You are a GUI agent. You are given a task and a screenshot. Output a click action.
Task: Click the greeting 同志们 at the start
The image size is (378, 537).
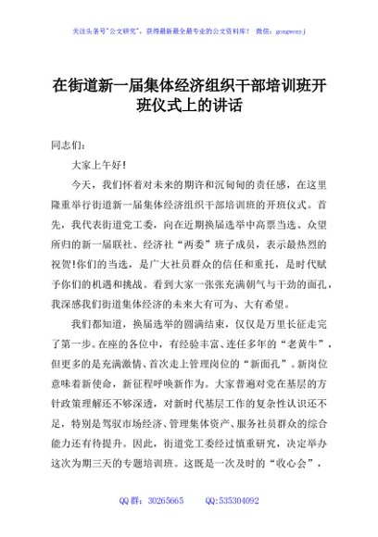[69, 145]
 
